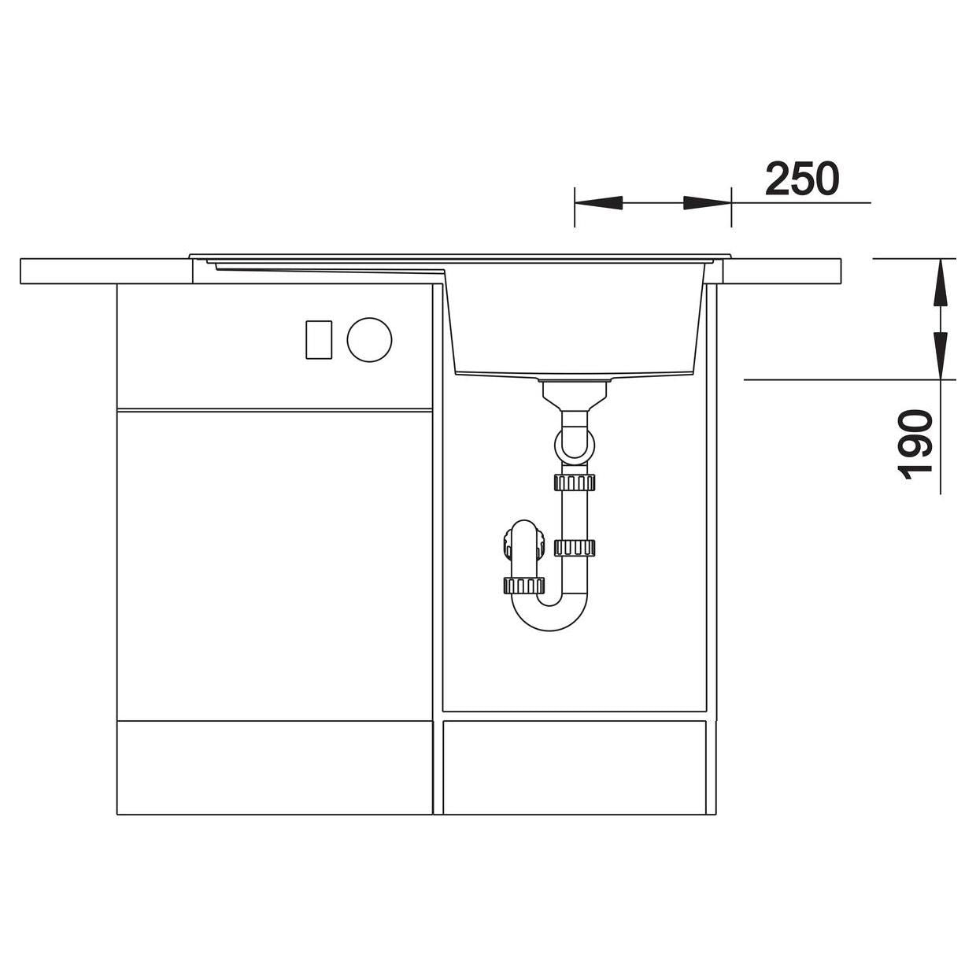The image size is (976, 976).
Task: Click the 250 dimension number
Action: tap(802, 179)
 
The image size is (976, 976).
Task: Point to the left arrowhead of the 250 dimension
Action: tap(598, 202)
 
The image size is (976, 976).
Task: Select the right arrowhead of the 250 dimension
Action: tap(707, 202)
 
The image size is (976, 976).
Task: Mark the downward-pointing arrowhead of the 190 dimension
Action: tap(941, 355)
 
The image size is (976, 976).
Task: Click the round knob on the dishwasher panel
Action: tap(369, 339)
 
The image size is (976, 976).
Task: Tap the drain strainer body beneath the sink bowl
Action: tap(575, 396)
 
